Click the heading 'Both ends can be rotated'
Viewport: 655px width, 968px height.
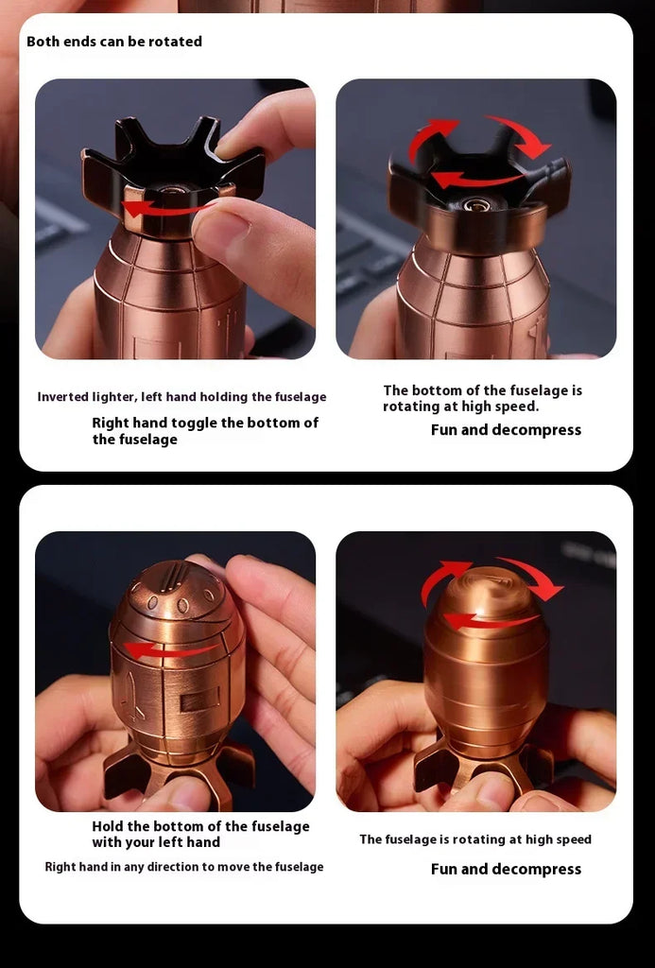point(114,42)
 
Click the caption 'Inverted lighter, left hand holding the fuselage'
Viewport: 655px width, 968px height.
point(181,397)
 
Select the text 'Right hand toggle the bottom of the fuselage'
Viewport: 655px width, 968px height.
point(205,431)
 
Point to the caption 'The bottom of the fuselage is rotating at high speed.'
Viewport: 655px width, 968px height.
point(482,398)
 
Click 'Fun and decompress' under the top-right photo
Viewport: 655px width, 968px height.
point(507,430)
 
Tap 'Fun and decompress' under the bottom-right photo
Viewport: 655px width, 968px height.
point(507,870)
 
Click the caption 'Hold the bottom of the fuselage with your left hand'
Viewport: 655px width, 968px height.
point(200,834)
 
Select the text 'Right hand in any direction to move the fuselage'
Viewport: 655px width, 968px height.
point(184,867)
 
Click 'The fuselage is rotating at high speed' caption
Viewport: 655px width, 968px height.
point(475,839)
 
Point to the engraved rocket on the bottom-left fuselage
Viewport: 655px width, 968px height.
point(132,697)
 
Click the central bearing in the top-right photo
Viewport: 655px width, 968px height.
point(477,204)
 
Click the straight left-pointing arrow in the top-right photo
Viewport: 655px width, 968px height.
point(475,181)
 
